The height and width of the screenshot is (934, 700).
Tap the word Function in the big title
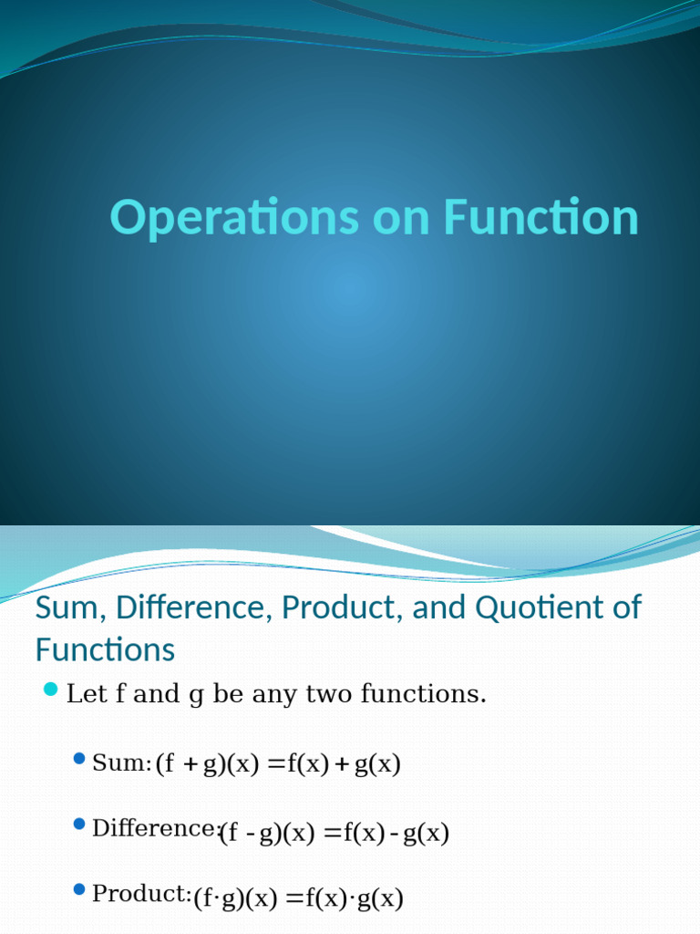click(x=541, y=218)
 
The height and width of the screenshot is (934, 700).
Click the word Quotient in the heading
click(x=537, y=607)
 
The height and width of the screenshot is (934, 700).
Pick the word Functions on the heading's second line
click(x=105, y=650)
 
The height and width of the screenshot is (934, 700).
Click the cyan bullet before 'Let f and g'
click(x=50, y=688)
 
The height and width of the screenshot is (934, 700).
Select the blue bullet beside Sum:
click(x=79, y=758)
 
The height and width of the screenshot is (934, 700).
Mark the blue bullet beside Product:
click(x=79, y=889)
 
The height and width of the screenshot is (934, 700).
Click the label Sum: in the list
click(x=121, y=763)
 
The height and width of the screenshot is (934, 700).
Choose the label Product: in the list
click(x=141, y=895)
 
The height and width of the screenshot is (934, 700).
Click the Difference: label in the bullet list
click(x=156, y=828)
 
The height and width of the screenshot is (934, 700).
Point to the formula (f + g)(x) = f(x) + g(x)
click(x=278, y=764)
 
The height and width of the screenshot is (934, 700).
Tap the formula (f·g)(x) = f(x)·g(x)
click(x=298, y=899)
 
